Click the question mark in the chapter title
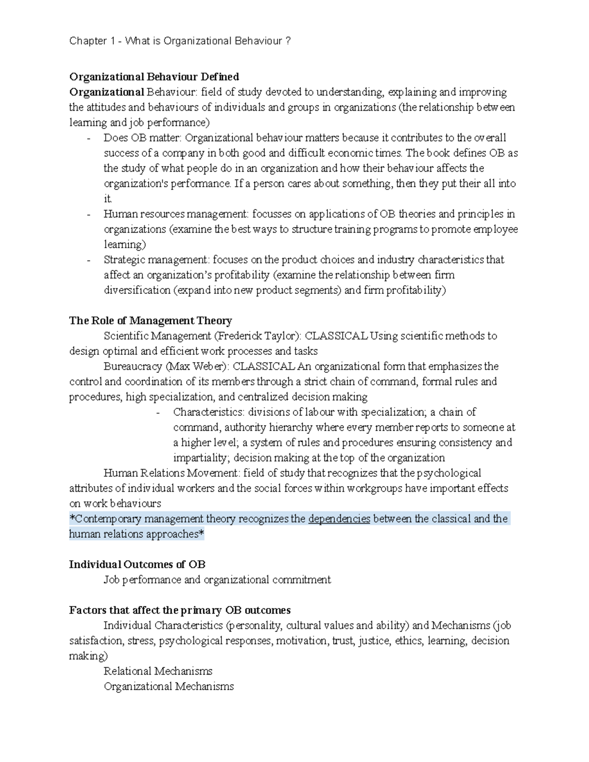tap(288, 41)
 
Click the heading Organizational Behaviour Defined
tap(154, 77)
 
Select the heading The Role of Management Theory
tap(150, 320)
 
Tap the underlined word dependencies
tap(339, 519)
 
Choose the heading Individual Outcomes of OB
tap(137, 564)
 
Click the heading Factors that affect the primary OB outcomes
tap(180, 610)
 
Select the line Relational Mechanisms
tap(158, 671)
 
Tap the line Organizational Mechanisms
tap(169, 686)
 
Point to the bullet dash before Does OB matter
tap(88, 138)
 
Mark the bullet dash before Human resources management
tap(88, 214)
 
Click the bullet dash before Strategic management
tap(88, 260)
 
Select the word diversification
tap(137, 290)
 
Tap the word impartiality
tap(200, 458)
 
